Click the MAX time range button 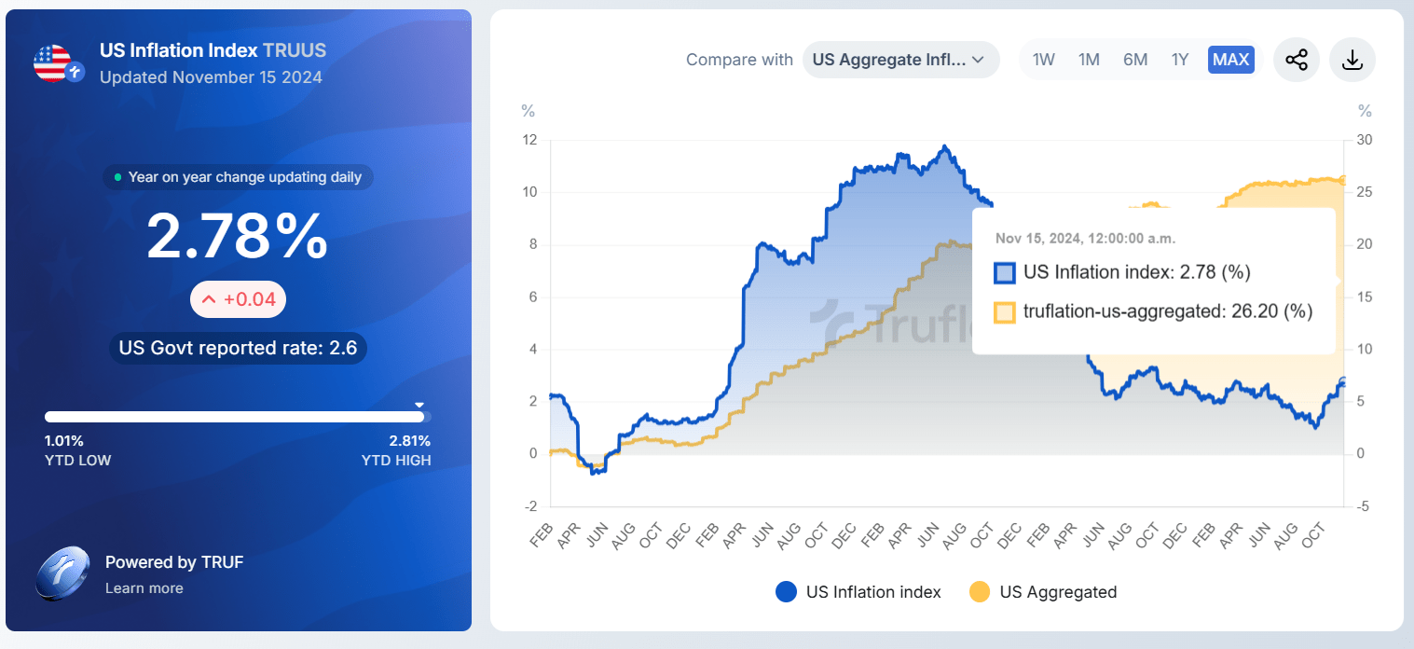1230,60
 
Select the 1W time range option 1043,60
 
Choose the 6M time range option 1134,60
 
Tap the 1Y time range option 1180,60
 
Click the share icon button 1296,60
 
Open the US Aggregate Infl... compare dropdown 899,60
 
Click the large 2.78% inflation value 238,236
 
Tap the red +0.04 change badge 238,299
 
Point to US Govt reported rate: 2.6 238,349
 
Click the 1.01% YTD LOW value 64,441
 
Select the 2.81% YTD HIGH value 409,441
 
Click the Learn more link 144,588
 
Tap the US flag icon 53,62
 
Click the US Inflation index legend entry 858,592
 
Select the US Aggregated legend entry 1043,592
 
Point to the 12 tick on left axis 529,140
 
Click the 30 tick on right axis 1365,140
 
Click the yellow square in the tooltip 1004,312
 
